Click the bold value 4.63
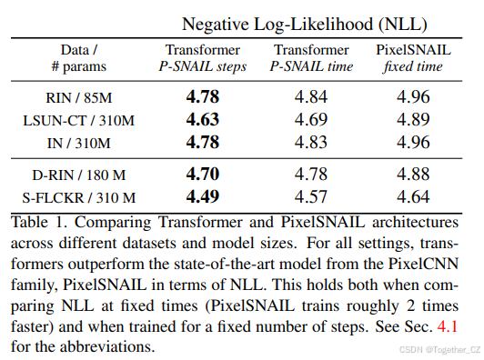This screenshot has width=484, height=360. pyautogui.click(x=204, y=119)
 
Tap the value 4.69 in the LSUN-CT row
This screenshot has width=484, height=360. pyautogui.click(x=310, y=119)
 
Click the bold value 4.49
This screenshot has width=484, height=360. pyautogui.click(x=204, y=196)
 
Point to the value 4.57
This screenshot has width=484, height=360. pyautogui.click(x=310, y=196)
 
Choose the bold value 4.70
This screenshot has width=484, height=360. pyautogui.click(x=204, y=174)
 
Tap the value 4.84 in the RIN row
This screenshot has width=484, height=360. pyautogui.click(x=310, y=96)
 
